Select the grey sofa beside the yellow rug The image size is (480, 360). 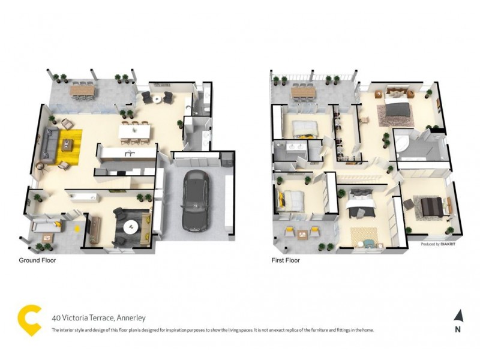(x=48, y=144)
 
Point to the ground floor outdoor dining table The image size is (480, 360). (x=83, y=91)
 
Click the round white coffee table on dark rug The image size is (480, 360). (x=131, y=226)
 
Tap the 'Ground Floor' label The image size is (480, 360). (x=37, y=261)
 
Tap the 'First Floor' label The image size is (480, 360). (x=286, y=261)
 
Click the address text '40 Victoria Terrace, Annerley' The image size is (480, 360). (x=98, y=318)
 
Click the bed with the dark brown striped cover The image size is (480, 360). (x=430, y=206)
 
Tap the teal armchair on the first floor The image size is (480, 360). (x=367, y=242)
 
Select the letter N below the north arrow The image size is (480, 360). (x=458, y=329)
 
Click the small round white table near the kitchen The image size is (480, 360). (x=157, y=98)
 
